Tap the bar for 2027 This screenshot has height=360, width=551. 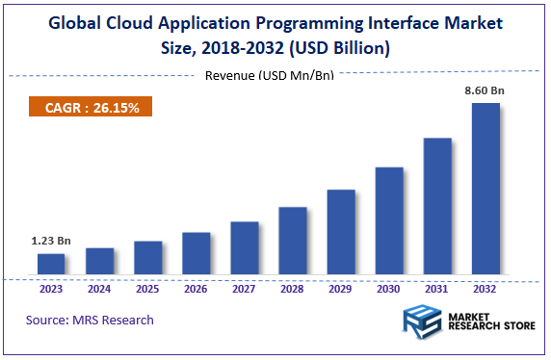click(x=245, y=249)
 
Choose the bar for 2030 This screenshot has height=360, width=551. click(x=389, y=222)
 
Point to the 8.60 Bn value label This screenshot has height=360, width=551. click(x=485, y=90)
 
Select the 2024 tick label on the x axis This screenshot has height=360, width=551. click(x=99, y=289)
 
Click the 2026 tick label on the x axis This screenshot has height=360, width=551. click(x=196, y=289)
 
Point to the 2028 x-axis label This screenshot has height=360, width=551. click(x=293, y=289)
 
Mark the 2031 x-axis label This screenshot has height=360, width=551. click(x=437, y=289)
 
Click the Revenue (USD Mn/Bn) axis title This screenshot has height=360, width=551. click(x=270, y=76)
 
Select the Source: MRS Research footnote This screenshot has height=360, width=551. click(x=90, y=320)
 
